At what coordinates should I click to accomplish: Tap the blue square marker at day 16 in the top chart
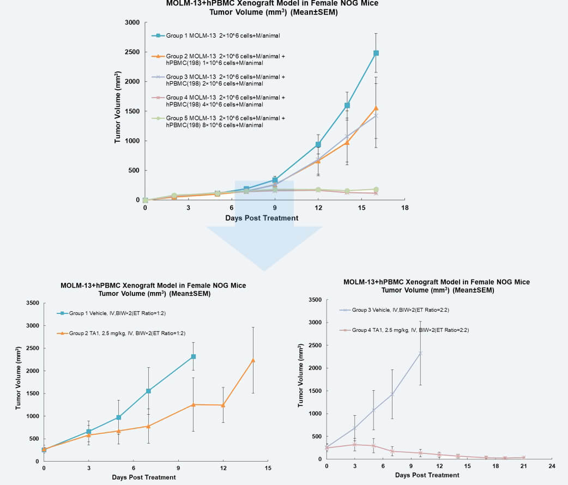tap(376, 53)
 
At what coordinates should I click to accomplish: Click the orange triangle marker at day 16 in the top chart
tap(376, 108)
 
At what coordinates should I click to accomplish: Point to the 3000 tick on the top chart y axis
tap(132, 22)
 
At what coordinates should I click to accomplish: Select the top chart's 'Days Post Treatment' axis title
tap(262, 218)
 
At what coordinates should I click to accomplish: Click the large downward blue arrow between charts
tap(264, 240)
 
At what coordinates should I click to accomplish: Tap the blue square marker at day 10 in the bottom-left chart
tap(194, 356)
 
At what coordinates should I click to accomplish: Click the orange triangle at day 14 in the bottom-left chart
tap(253, 360)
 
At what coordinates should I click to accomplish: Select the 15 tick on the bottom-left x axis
tap(268, 468)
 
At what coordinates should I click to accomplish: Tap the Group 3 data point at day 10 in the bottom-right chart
tap(420, 353)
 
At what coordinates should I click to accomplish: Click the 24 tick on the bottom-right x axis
tap(552, 466)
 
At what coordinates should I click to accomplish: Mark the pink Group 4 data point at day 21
tap(524, 457)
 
